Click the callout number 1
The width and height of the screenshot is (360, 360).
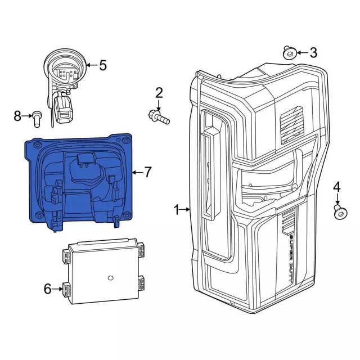[177, 210]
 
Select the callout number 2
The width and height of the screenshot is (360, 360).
[159, 93]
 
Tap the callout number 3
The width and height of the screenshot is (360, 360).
[313, 53]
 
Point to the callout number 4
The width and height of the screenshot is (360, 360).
[337, 187]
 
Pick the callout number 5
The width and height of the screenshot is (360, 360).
[102, 65]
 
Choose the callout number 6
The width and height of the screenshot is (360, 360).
[48, 289]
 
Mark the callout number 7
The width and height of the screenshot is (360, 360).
[147, 172]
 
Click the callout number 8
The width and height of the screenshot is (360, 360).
[17, 116]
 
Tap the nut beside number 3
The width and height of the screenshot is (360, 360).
[289, 53]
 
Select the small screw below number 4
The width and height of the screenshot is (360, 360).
[339, 212]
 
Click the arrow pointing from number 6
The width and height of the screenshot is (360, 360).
[59, 289]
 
